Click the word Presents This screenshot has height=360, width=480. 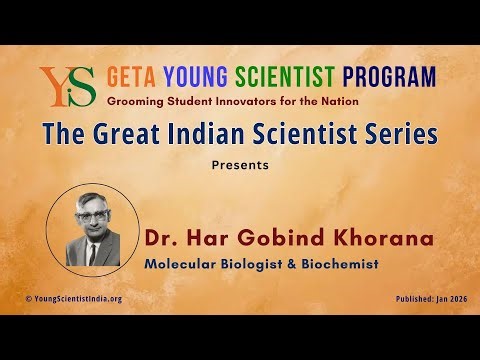click(x=240, y=165)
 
